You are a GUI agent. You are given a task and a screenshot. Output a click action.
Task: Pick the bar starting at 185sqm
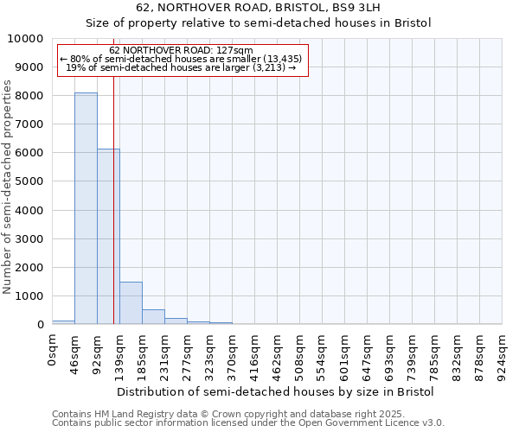click(x=153, y=316)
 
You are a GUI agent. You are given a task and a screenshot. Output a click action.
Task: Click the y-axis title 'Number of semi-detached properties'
click(x=8, y=187)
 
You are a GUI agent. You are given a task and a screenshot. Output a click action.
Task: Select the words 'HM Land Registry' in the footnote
click(x=131, y=414)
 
